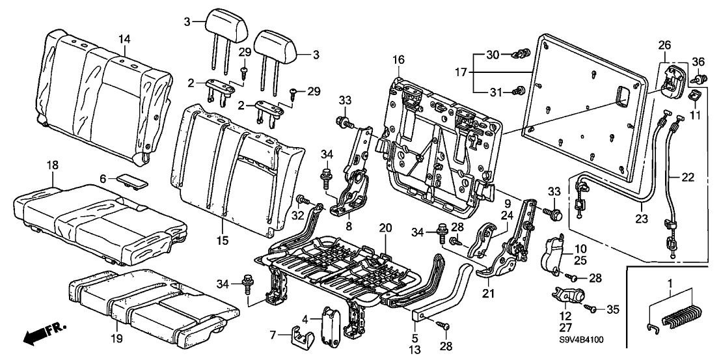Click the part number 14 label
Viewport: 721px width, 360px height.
(124, 40)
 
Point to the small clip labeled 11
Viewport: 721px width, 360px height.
(693, 97)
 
